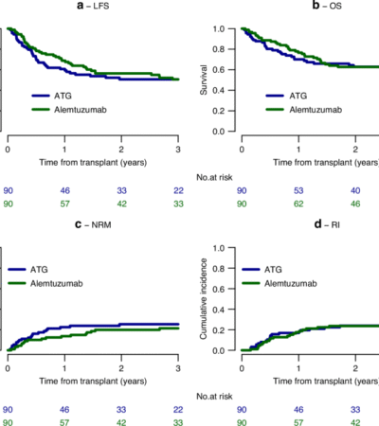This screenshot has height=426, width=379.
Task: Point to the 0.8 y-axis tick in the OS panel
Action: click(219, 49)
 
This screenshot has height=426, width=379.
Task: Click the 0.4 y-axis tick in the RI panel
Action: click(219, 310)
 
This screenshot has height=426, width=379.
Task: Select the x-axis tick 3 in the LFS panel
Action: click(179, 149)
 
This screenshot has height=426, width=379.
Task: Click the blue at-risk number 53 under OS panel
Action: click(299, 188)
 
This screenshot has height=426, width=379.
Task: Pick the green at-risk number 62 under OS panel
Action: click(299, 204)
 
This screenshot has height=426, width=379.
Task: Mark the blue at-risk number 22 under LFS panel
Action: click(179, 188)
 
